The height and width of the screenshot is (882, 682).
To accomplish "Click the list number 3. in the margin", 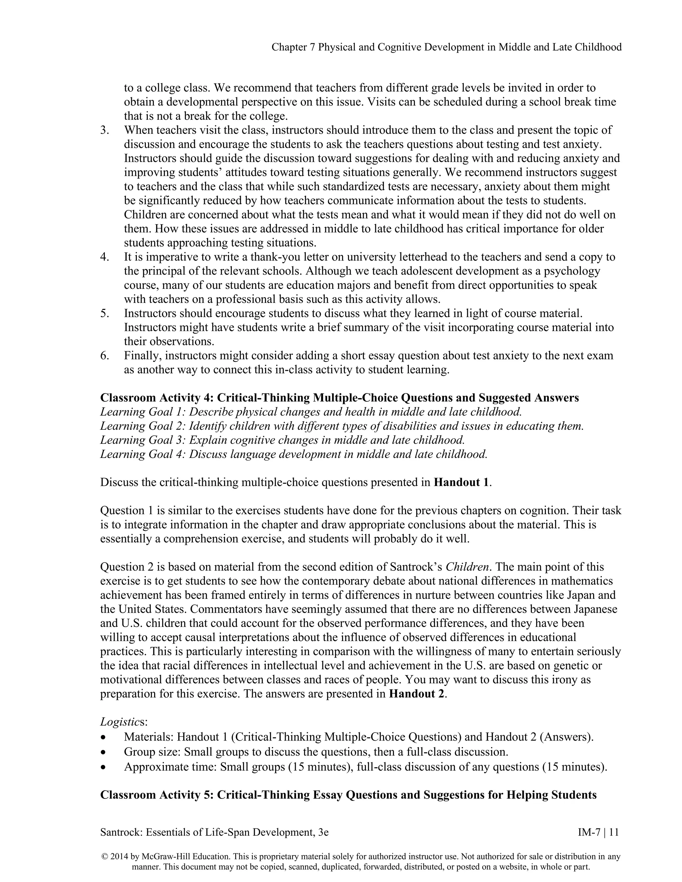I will coord(105,130).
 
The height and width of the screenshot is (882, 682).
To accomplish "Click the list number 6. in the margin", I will coord(105,356).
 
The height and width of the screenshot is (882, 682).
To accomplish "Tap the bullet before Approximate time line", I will coord(104,767).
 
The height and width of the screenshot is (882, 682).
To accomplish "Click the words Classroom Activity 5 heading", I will coord(156,795).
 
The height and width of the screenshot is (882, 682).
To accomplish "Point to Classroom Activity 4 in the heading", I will coord(156,398).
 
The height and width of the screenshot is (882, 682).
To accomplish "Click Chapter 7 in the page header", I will coord(293,48).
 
